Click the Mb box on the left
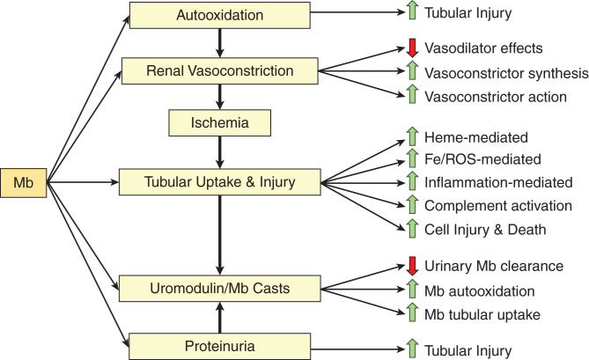pyautogui.click(x=24, y=183)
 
